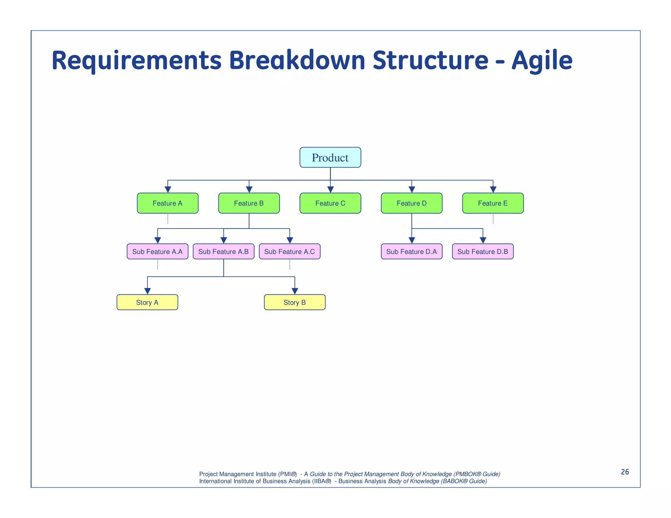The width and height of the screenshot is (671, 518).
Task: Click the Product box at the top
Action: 330,157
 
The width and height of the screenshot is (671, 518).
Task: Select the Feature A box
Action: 167,203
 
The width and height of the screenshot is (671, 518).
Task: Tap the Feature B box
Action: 249,203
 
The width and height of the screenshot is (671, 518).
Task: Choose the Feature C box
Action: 330,203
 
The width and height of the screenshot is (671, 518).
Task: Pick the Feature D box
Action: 412,203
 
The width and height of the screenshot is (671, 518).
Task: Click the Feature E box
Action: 493,203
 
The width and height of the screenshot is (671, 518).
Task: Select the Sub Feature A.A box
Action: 157,251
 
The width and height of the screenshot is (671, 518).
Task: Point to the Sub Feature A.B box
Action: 223,251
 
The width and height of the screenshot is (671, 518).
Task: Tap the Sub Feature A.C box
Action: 289,251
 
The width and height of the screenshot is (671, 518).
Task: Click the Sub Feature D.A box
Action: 412,251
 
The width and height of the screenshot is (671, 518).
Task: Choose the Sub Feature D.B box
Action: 483,251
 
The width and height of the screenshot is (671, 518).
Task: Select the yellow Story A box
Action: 147,302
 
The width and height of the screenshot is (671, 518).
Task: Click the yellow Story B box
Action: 295,302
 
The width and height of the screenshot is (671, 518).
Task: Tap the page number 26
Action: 625,472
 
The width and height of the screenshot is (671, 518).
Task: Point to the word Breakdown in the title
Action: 297,61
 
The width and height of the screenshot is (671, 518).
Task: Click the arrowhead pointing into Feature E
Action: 493,190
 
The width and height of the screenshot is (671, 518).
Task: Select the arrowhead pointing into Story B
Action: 295,291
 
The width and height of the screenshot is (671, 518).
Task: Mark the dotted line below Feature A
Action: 168,219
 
